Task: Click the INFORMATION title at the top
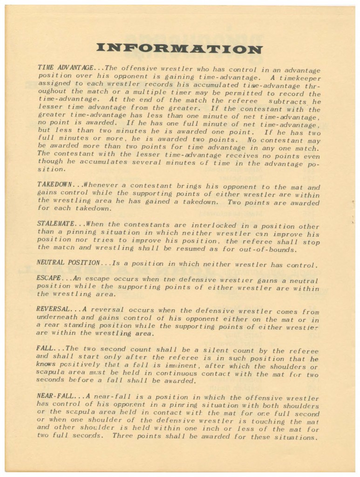tap(179, 48)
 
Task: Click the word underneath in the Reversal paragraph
tap(56, 319)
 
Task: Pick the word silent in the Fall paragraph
tap(203, 350)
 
